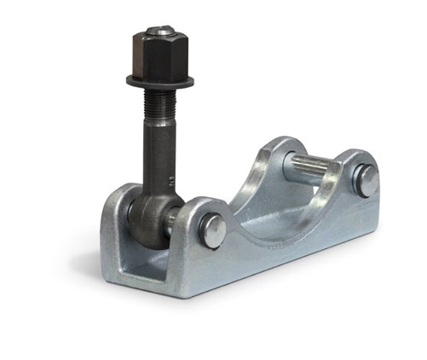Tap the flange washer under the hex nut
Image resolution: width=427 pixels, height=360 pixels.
pos(160,81)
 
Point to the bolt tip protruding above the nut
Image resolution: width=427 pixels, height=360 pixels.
pos(159,31)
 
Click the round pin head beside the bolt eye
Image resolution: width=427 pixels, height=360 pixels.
pos(212,230)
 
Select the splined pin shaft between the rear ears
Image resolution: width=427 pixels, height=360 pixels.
pos(314,167)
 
